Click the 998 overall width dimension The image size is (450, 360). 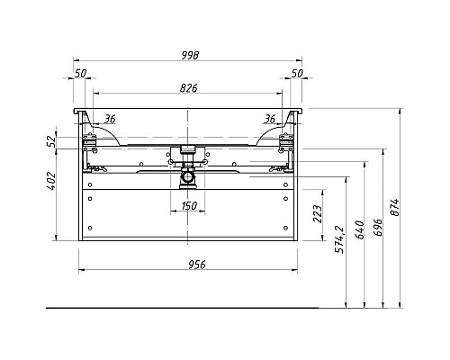click(x=190, y=55)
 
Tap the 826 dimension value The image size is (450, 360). click(x=189, y=88)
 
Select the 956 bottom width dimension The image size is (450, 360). click(x=197, y=265)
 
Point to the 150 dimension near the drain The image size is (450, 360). click(x=189, y=206)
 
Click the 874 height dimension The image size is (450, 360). click(x=395, y=207)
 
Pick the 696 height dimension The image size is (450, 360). click(x=378, y=227)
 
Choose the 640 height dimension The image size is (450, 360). click(x=360, y=229)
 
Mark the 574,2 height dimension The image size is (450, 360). click(x=340, y=239)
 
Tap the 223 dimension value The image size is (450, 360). click(x=318, y=214)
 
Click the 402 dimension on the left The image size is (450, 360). click(x=51, y=181)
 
